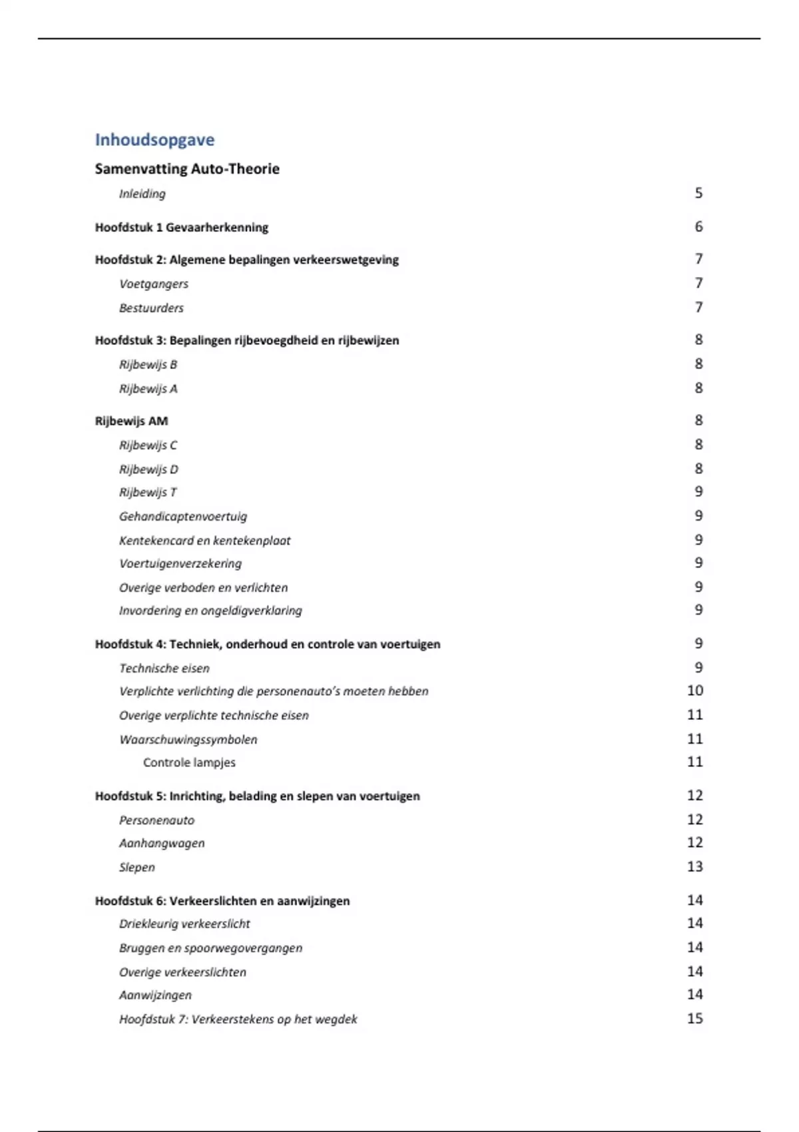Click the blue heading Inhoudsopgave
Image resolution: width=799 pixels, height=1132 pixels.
pos(154,140)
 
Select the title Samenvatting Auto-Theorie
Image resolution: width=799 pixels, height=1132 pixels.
pos(187,169)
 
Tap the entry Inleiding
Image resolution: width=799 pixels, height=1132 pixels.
pos(142,194)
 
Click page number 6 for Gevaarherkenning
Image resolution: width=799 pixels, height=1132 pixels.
pos(698,227)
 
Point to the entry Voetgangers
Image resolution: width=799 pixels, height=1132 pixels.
pos(154,284)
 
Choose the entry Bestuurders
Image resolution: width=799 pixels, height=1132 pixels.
pos(151,308)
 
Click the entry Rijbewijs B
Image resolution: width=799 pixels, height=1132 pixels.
pos(148,365)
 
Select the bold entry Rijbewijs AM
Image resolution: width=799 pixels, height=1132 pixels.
pos(131,421)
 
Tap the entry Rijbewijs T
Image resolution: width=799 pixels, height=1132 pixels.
pos(148,493)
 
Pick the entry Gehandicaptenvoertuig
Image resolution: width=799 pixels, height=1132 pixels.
pos(183,517)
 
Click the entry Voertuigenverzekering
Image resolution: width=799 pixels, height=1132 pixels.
pos(180,564)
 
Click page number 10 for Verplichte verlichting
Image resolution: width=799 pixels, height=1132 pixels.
pos(694,691)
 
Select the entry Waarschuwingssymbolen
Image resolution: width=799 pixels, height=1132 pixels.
pos(188,740)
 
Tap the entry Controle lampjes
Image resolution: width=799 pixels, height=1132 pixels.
pos(189,763)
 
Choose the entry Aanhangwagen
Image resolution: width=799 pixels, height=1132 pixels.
pos(162,844)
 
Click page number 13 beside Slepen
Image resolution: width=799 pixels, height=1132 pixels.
pos(694,867)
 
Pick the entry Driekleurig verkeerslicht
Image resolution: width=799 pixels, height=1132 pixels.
pos(184,924)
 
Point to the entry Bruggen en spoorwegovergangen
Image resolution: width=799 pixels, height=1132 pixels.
pos(210,948)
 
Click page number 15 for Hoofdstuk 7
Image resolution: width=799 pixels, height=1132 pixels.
pos(694,1019)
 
